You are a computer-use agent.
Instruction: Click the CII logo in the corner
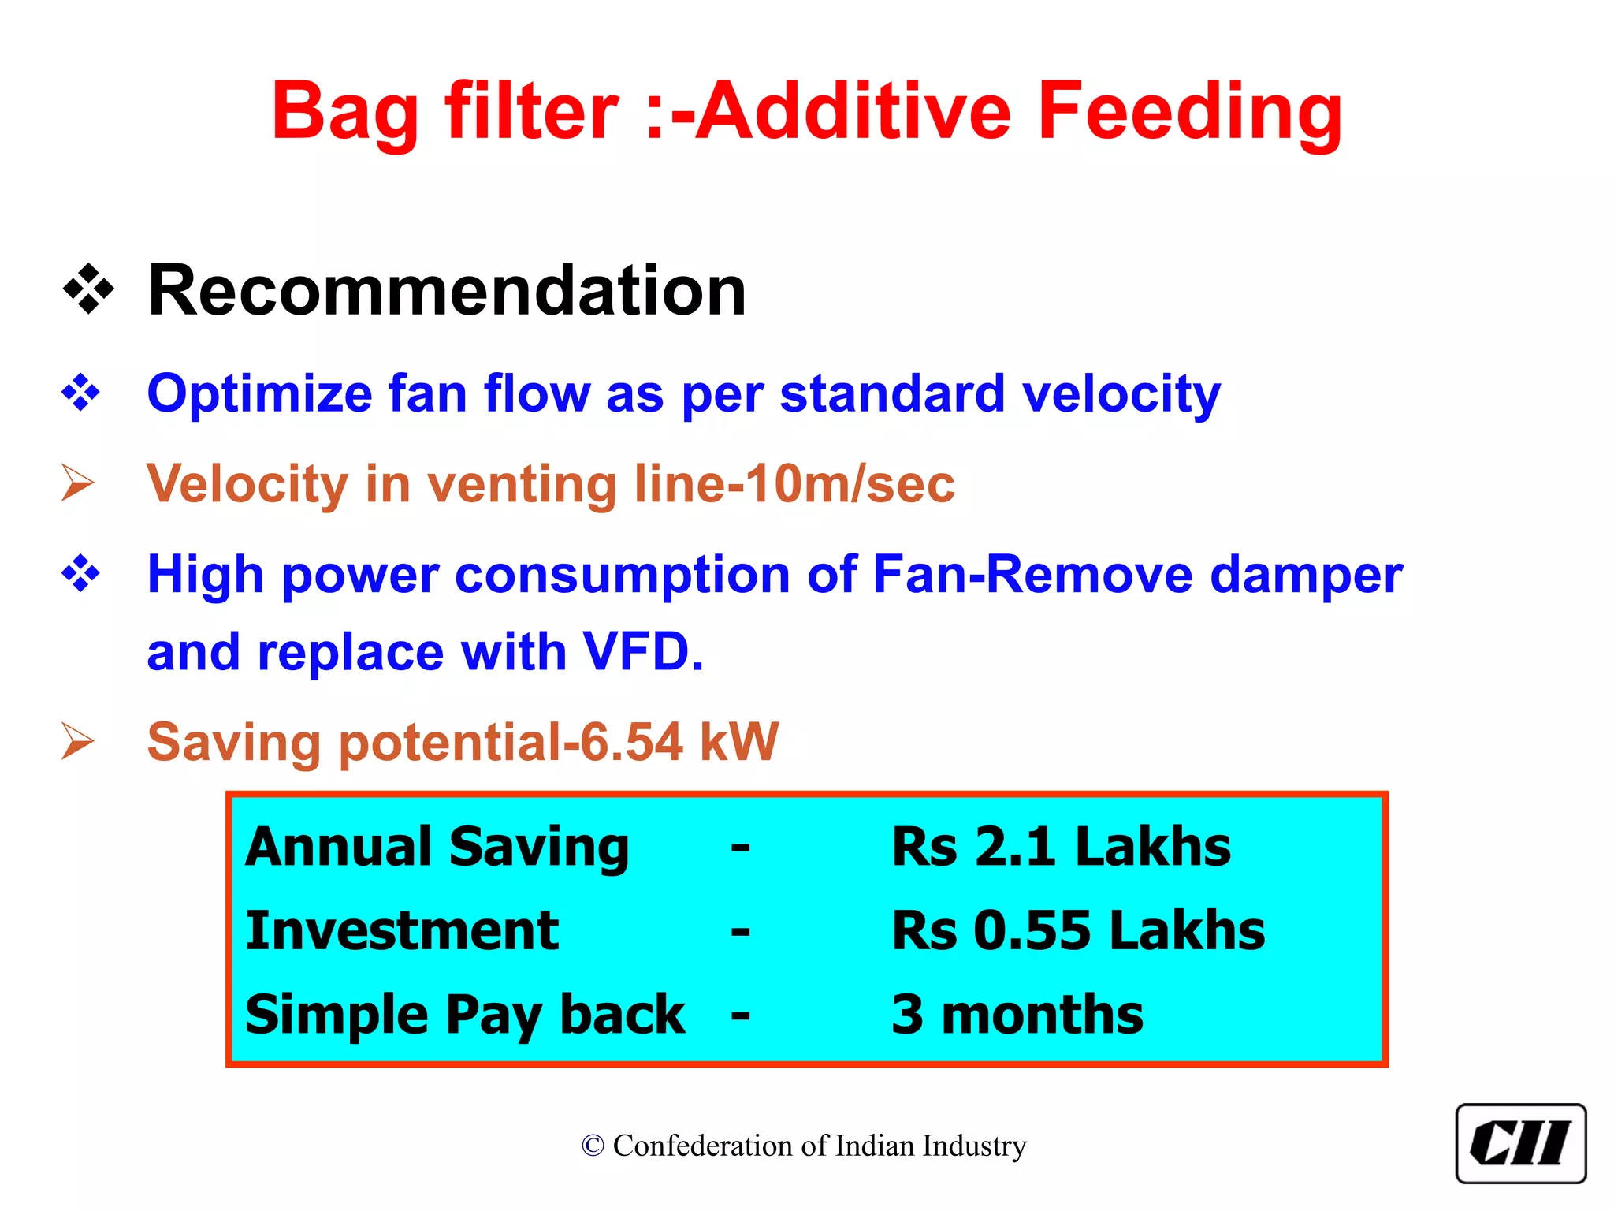(1520, 1143)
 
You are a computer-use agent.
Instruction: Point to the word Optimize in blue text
(259, 393)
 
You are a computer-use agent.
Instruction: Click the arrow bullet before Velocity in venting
(78, 483)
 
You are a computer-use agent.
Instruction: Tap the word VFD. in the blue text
(642, 653)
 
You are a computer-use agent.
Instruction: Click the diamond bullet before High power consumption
(81, 573)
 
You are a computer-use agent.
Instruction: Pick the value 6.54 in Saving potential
(631, 742)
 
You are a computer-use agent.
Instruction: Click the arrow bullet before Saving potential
(78, 742)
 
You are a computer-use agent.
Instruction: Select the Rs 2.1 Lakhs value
(1060, 848)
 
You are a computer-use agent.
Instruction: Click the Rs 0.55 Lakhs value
(1077, 931)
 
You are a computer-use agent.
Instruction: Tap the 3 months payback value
(1017, 1015)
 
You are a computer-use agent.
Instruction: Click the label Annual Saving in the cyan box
(437, 848)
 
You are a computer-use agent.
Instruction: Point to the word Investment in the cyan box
(402, 931)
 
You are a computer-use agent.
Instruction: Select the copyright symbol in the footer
(593, 1146)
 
